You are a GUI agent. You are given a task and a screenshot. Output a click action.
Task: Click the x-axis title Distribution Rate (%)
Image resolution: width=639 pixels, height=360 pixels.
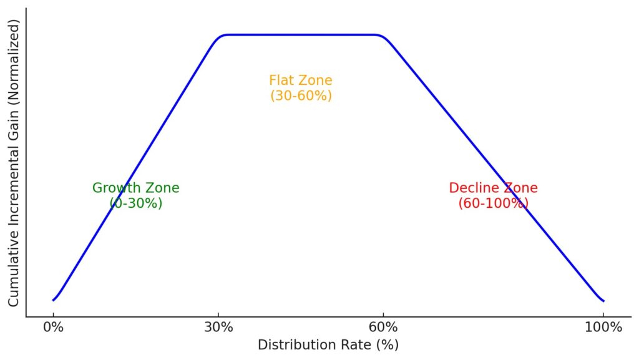[328, 345]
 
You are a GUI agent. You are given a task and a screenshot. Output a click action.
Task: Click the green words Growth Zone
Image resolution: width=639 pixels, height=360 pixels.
[135, 188]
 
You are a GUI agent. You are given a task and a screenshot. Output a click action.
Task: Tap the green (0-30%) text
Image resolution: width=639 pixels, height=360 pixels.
[135, 203]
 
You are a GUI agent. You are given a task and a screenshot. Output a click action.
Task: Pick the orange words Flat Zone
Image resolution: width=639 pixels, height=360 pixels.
[301, 80]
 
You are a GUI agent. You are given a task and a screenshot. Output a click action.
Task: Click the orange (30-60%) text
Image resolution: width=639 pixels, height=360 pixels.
[301, 95]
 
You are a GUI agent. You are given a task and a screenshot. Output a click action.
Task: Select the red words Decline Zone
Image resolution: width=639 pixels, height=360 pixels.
[493, 188]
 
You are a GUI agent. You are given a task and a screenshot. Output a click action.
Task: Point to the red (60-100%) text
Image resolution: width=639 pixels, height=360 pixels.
[493, 203]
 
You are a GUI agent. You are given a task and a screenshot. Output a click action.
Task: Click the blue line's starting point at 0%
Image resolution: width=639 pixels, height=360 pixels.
[53, 300]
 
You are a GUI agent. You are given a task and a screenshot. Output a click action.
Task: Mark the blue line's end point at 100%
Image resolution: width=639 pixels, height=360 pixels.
[603, 301]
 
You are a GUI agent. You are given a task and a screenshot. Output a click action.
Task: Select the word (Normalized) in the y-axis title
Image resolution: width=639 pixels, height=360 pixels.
[14, 62]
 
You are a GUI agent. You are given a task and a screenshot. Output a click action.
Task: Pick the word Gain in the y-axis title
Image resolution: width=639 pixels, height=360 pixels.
[14, 133]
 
